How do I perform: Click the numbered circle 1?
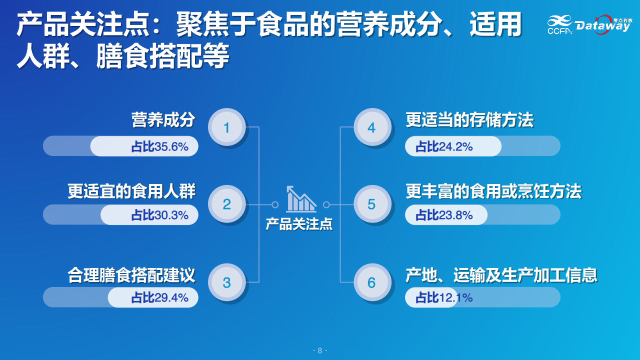227,127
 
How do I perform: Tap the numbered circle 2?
227,204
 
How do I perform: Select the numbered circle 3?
227,282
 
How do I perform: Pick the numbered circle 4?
372,127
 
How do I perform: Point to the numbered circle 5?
372,204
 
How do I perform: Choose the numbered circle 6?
372,282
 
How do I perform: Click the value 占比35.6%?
159,146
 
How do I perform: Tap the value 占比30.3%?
159,215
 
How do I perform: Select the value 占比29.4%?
159,297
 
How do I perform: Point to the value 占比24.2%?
444,146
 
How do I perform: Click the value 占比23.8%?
444,215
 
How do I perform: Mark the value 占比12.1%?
444,297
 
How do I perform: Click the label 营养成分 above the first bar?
163,119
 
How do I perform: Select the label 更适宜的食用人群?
131,191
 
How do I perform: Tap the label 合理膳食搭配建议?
131,275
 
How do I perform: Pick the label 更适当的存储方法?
469,119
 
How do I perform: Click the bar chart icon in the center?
301,199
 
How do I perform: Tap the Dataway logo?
603,25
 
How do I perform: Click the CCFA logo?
559,25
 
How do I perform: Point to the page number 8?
319,350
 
